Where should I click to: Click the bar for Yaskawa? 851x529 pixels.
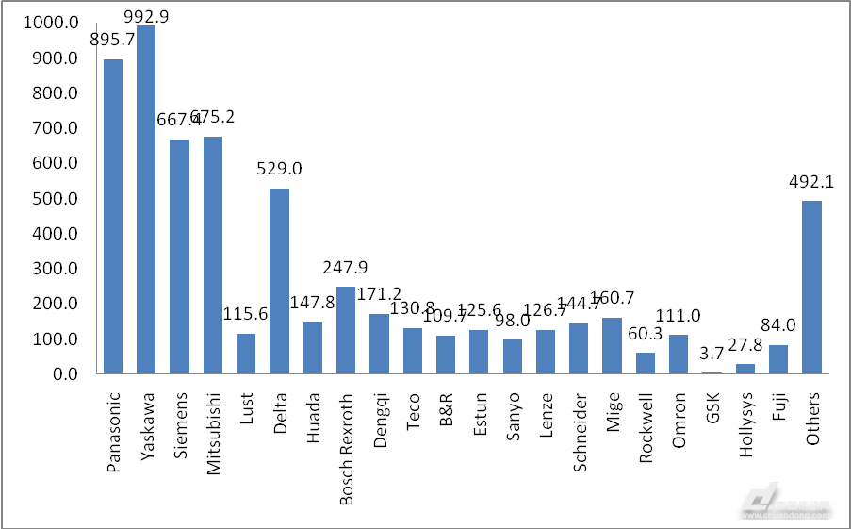146,200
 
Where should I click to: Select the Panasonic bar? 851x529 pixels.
113,217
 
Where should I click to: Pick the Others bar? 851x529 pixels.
812,288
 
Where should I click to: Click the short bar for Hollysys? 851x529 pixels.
745,369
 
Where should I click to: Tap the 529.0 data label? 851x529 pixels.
279,170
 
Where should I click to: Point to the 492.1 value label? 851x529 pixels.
812,182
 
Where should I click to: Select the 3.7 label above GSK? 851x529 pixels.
712,355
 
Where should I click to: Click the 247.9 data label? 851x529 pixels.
346,267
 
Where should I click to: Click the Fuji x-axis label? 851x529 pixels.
779,403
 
